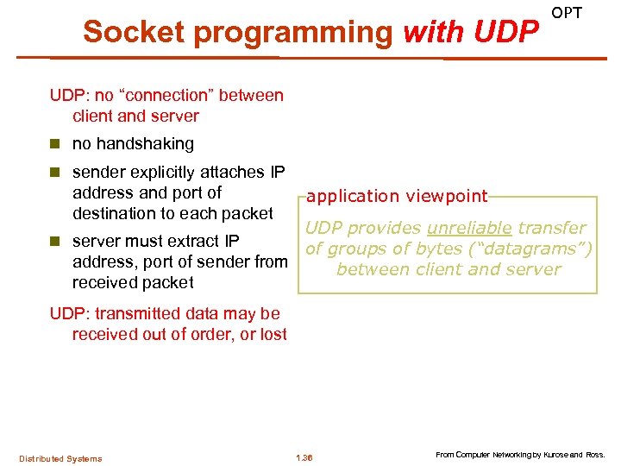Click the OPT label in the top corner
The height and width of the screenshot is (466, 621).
click(x=567, y=13)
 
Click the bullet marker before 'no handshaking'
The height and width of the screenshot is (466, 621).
click(x=56, y=144)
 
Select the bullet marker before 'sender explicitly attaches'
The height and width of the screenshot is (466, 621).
click(x=56, y=173)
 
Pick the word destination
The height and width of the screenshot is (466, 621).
click(x=115, y=213)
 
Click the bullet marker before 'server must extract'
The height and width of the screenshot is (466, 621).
click(x=56, y=242)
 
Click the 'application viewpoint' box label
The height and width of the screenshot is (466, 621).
click(x=397, y=197)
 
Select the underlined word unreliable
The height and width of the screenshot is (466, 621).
click(x=469, y=229)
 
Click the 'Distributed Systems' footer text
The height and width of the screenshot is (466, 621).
click(x=60, y=458)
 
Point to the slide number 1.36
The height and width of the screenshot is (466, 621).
click(x=304, y=457)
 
